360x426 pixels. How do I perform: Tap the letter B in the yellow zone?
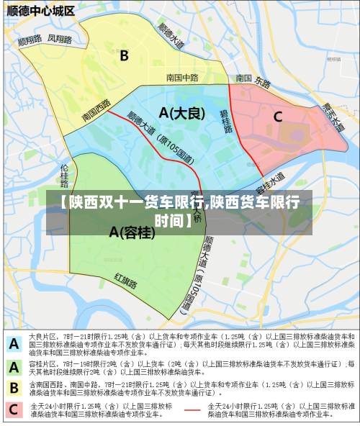[124, 55]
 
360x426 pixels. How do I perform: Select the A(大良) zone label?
[182, 113]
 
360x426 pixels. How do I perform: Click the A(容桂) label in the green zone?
[132, 232]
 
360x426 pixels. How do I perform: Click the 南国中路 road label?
[181, 78]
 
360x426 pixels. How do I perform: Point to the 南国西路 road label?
[96, 110]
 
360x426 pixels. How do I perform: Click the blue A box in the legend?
[14, 344]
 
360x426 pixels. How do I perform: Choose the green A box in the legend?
[14, 367]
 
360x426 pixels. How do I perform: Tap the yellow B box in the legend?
[14, 389]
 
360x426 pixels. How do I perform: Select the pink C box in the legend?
[14, 411]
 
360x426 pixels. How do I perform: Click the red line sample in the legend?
[192, 410]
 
